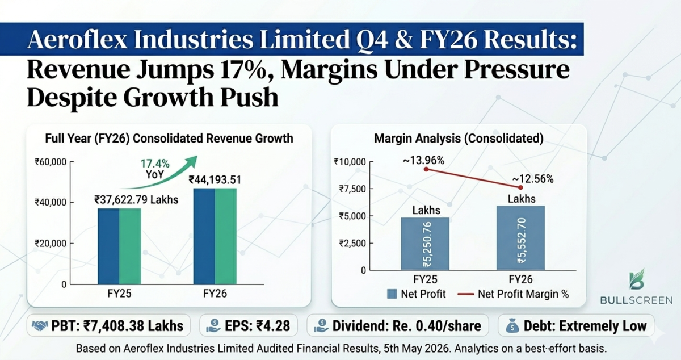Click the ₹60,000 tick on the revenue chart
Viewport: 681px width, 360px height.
click(51, 162)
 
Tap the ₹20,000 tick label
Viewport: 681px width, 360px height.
click(51, 244)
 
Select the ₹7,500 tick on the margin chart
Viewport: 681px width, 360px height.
click(352, 189)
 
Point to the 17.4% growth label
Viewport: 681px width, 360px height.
click(155, 164)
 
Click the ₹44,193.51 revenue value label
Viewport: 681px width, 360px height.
click(215, 180)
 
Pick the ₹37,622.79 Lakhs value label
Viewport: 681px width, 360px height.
click(136, 200)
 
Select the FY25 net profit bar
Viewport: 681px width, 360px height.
click(425, 244)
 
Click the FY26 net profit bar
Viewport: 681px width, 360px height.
click(520, 238)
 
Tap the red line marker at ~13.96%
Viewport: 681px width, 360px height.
click(426, 169)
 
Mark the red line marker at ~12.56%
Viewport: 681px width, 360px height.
click(520, 187)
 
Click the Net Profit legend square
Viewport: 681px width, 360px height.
click(392, 294)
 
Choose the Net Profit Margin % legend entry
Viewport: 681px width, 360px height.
click(513, 294)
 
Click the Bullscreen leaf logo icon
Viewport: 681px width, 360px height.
click(637, 279)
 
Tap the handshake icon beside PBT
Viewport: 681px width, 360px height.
click(40, 326)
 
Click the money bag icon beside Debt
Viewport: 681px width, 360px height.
click(512, 326)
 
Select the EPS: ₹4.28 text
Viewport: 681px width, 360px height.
click(257, 326)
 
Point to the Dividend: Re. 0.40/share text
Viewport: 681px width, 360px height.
click(407, 326)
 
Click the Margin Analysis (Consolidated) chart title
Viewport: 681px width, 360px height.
click(459, 139)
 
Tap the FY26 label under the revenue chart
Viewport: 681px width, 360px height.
click(215, 294)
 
